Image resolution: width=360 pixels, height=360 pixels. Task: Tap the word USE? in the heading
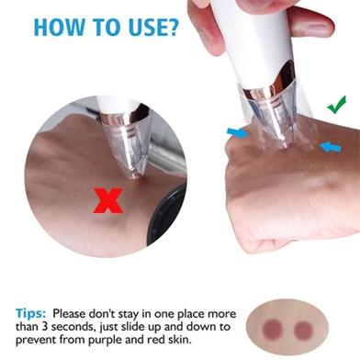[153, 27]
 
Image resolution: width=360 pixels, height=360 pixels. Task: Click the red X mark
[107, 200]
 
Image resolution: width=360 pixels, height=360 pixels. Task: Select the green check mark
[337, 105]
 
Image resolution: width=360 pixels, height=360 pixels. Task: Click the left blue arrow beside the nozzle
[238, 133]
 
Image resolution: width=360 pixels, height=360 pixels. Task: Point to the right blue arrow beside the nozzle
[330, 147]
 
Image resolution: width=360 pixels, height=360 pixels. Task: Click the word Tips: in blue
[31, 313]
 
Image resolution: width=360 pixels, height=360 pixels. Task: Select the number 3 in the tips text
[45, 327]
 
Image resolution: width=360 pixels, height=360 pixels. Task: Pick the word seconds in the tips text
[72, 327]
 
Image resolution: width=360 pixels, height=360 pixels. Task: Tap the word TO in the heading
[107, 27]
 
